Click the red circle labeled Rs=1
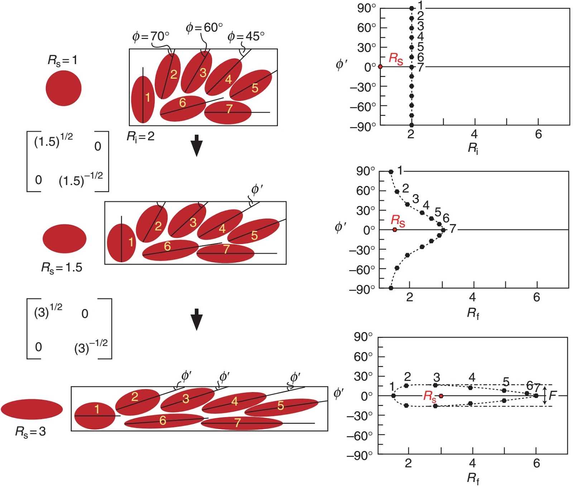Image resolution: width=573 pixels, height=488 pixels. tap(63, 88)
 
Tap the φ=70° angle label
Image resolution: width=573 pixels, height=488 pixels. tap(150, 36)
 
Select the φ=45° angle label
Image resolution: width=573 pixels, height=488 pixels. tap(246, 36)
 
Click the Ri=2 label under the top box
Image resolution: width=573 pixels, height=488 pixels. tap(140, 136)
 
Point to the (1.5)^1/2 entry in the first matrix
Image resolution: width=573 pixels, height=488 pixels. tap(53, 140)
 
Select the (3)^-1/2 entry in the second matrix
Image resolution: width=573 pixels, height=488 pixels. tap(91, 346)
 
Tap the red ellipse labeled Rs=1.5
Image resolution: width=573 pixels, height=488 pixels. tap(64, 239)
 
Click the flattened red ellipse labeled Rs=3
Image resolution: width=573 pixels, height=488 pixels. tap(32, 409)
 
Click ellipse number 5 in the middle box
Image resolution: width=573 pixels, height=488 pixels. tap(254, 231)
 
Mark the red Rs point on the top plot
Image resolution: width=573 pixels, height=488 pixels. tap(380, 67)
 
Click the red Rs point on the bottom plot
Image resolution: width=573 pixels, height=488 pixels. tap(441, 396)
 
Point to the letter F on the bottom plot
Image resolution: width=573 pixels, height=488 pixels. tap(553, 395)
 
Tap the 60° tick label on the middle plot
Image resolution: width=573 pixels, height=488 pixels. tap(365, 191)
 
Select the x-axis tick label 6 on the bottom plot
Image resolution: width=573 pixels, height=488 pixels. tap(536, 463)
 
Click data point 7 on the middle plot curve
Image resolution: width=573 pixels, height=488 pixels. tap(443, 230)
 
